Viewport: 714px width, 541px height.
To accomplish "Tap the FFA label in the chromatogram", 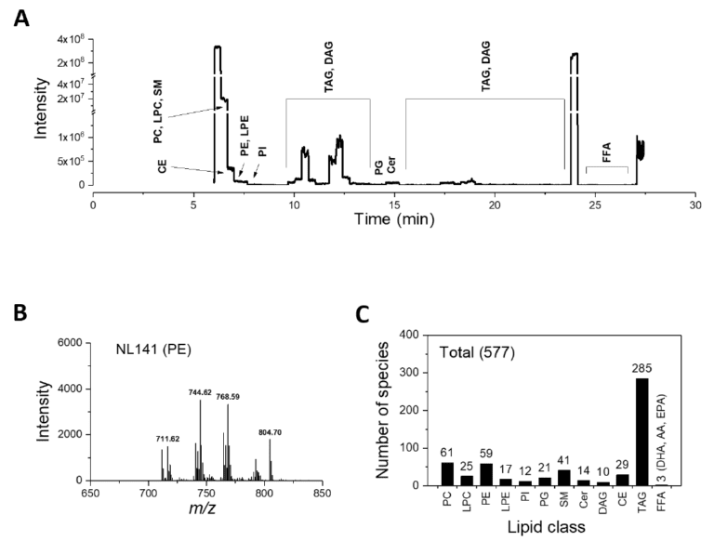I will [606, 158].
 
